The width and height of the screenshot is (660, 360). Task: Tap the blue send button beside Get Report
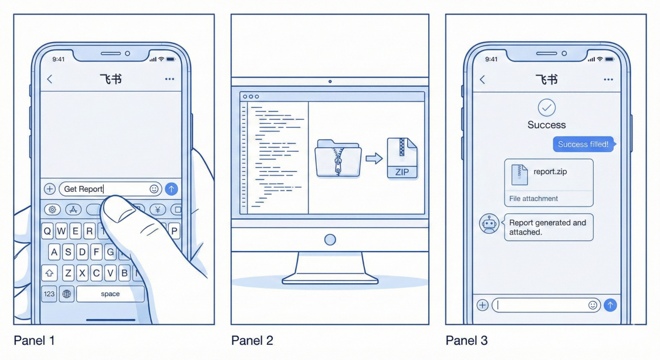coord(171,189)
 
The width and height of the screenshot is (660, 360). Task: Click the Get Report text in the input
coord(83,189)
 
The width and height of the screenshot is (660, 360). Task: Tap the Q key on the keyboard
coord(47,230)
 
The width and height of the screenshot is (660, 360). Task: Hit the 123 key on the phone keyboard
coord(49,294)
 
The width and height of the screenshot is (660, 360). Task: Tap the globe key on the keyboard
coord(67,294)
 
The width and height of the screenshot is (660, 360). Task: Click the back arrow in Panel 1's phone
coord(50,79)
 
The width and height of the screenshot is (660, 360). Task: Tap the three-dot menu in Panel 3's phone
coord(608,79)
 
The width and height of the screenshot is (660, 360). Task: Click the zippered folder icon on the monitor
coord(338,158)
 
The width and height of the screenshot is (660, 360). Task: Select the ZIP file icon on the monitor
coord(402,157)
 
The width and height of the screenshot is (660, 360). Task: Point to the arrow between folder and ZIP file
coord(374,158)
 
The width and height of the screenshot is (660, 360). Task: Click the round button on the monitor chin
coord(330,239)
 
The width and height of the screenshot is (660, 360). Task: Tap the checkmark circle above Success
coord(547,107)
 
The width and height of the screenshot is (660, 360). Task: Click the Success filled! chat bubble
coord(583,144)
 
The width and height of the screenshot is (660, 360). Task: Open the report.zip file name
coord(550,172)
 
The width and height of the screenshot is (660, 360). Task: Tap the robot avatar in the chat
coord(489,223)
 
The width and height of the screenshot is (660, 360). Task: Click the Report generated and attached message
coord(548,227)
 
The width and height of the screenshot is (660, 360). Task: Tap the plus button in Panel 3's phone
coord(483,305)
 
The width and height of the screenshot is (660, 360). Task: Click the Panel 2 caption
coord(252,341)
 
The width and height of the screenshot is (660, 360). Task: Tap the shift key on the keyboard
coord(50,273)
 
